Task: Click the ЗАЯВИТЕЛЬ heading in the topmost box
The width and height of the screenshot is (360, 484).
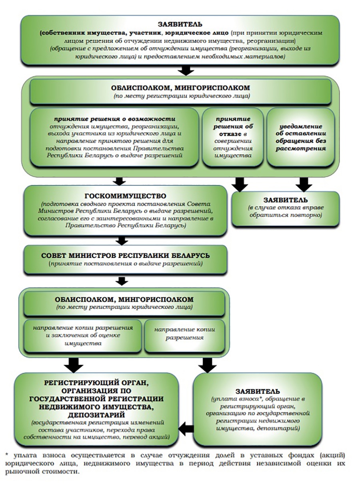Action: tap(180, 24)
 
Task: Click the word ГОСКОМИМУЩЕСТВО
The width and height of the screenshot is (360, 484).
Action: tap(125, 196)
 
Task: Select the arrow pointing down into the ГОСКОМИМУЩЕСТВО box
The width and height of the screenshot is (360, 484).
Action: tap(119, 181)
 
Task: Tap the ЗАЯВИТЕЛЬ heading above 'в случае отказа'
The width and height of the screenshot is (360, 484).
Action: tap(286, 200)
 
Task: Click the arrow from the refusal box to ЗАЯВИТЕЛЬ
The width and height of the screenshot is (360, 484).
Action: tap(240, 184)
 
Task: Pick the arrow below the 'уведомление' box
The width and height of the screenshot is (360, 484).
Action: tap(304, 184)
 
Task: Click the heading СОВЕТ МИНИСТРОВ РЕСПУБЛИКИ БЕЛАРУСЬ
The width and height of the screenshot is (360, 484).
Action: tap(125, 255)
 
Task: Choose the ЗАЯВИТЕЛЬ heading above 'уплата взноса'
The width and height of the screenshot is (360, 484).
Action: tap(257, 391)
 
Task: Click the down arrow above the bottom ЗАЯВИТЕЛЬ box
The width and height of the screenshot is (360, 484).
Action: tap(207, 364)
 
